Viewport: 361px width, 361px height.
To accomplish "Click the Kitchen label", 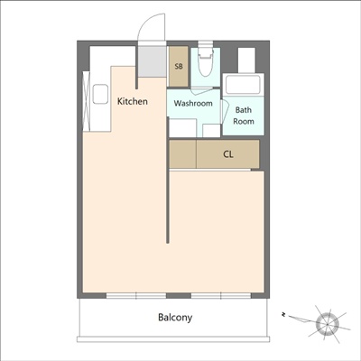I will pyautogui.click(x=133, y=101).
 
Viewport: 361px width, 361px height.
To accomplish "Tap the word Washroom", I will pyautogui.click(x=193, y=104).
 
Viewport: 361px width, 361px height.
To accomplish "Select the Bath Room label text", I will pyautogui.click(x=244, y=116).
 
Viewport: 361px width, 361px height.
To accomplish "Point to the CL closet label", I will pyautogui.click(x=229, y=153).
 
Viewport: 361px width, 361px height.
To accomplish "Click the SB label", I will pyautogui.click(x=179, y=67).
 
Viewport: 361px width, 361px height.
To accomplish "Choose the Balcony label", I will pyautogui.click(x=175, y=318).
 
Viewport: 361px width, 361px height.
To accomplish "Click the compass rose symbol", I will pyautogui.click(x=329, y=322).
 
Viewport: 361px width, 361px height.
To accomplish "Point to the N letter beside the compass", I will pyautogui.click(x=283, y=315).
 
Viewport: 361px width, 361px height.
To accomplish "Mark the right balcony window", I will pyautogui.click(x=220, y=295).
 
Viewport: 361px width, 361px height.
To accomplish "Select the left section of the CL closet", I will pyautogui.click(x=183, y=153).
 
